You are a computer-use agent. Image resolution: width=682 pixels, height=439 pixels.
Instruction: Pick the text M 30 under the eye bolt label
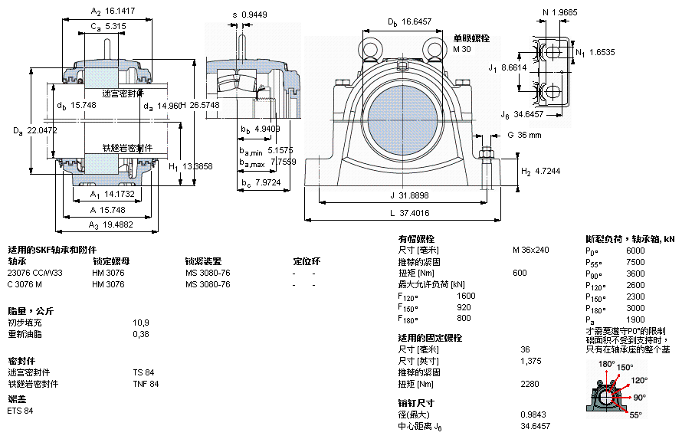[x=462, y=49]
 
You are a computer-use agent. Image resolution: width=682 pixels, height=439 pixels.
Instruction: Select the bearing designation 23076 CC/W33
[x=35, y=273]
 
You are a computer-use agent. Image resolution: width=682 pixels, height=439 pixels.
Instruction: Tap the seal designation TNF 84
[x=146, y=384]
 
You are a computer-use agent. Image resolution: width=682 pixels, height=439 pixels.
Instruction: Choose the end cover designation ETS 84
[x=21, y=411]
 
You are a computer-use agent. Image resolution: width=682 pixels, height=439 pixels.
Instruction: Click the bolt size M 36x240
[x=531, y=251]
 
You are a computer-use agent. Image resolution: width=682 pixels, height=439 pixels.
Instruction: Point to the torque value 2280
[x=530, y=384]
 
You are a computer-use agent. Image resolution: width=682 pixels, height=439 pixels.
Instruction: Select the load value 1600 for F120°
[x=466, y=296]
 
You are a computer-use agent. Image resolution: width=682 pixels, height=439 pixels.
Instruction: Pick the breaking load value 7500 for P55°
[x=635, y=262]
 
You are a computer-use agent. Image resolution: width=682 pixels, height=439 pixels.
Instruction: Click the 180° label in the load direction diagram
[x=606, y=364]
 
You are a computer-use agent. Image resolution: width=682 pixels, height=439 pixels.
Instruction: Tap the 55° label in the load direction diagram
[x=635, y=414]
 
